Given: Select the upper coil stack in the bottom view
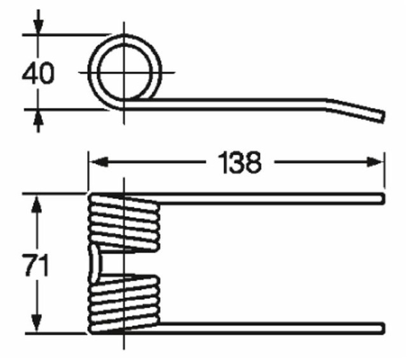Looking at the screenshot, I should (x=124, y=222).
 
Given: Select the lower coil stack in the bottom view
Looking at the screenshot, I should (x=124, y=303).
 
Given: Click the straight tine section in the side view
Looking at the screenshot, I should (x=242, y=100).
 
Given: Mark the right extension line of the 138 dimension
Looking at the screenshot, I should (x=383, y=172).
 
